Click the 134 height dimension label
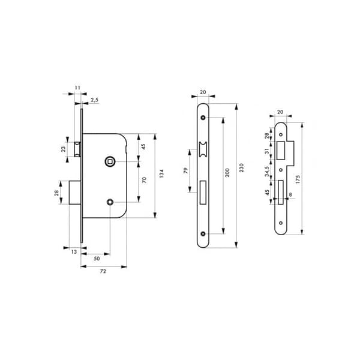click(161, 173)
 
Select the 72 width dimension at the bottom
click(103, 271)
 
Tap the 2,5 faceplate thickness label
click(94, 100)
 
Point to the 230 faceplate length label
click(241, 168)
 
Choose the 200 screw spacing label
click(227, 173)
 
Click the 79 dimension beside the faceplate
click(185, 170)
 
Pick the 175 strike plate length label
click(298, 179)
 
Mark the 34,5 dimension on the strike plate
click(267, 172)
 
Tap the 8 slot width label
click(290, 194)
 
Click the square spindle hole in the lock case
click(110, 161)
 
